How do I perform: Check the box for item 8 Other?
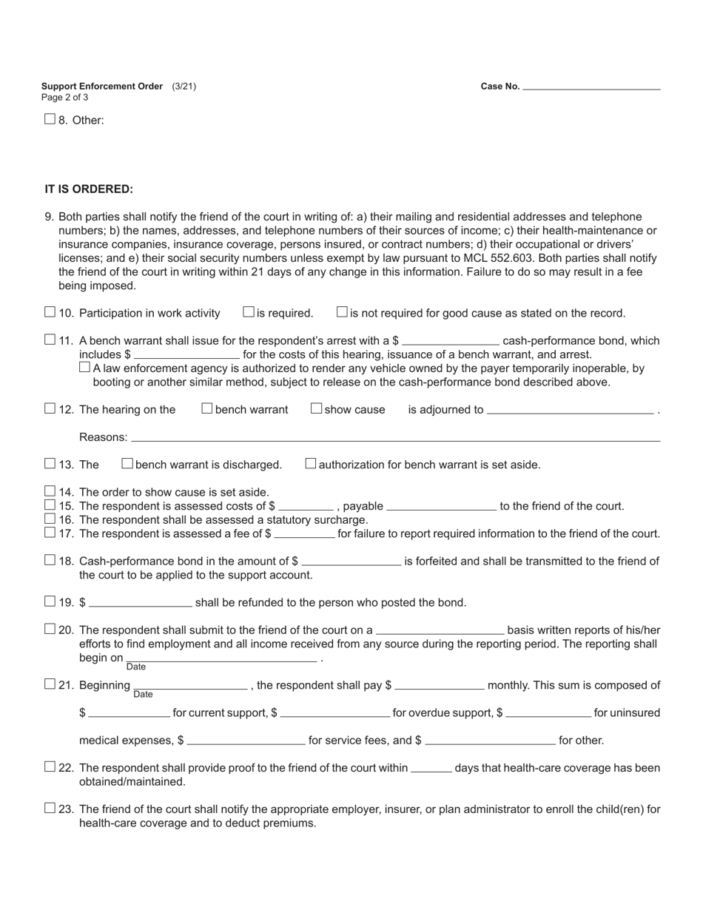tap(50, 119)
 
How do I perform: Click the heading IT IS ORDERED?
tap(89, 189)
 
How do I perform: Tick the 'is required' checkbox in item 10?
tap(249, 312)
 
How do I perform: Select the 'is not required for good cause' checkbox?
tap(342, 312)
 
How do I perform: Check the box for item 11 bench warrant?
tap(50, 340)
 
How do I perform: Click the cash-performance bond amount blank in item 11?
tap(450, 340)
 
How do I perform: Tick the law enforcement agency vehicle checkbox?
tap(84, 368)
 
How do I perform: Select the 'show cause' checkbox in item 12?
tap(316, 408)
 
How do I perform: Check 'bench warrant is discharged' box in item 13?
tap(127, 464)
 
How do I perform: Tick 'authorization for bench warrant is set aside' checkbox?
tap(311, 464)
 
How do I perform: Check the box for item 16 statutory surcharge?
tap(50, 519)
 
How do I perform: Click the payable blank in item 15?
tap(441, 506)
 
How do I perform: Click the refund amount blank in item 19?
tap(140, 602)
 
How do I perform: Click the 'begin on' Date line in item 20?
tap(221, 658)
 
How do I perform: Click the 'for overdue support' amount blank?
tap(335, 713)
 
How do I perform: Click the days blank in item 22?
tap(431, 768)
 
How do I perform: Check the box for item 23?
tap(50, 809)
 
